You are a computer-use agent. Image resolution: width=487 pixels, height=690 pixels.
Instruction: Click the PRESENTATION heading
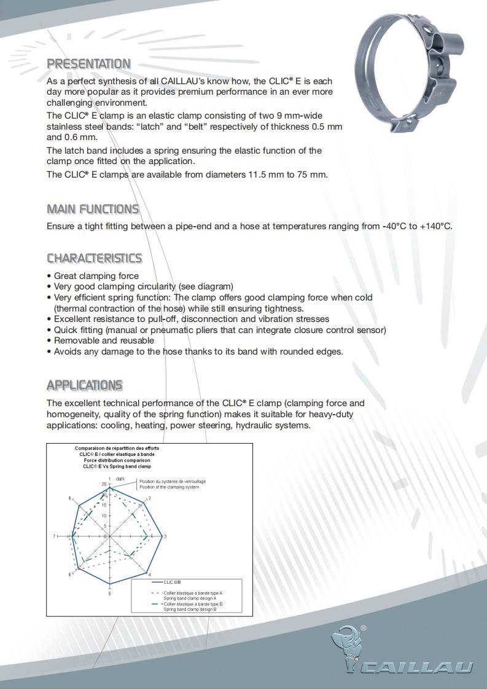[88, 64]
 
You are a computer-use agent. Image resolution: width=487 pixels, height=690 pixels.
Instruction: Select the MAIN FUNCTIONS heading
[93, 209]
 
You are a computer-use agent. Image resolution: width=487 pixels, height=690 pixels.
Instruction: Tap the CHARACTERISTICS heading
[94, 258]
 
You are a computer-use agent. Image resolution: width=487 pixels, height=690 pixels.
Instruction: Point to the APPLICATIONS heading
[85, 385]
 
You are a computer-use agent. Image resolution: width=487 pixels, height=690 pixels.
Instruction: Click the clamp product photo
[410, 74]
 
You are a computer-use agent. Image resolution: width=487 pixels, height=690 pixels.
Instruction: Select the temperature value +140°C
[436, 226]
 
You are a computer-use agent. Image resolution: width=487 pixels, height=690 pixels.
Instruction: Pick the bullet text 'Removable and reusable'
[104, 340]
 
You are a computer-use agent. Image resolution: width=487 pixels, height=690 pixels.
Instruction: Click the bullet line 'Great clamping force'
[96, 276]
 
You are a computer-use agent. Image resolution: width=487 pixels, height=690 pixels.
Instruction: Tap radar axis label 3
[165, 536]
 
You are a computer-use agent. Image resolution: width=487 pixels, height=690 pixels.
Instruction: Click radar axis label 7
[54, 536]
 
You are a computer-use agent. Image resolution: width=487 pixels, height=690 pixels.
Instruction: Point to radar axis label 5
[110, 594]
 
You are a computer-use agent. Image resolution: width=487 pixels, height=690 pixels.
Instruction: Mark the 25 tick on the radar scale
[103, 484]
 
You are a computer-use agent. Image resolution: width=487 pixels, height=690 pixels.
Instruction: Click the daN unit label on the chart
[120, 478]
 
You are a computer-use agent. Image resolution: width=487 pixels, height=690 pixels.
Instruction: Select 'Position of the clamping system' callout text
[169, 487]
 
